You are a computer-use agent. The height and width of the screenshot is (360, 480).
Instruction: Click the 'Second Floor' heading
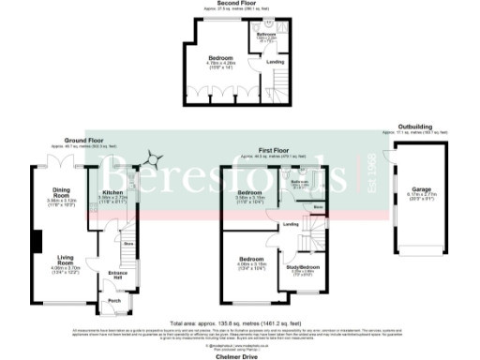tap(240, 4)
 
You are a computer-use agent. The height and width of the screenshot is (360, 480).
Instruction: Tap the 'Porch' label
tap(114, 301)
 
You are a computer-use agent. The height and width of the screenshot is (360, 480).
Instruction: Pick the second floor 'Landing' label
tap(276, 63)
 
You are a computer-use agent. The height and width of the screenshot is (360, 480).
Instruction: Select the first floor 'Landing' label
tap(292, 224)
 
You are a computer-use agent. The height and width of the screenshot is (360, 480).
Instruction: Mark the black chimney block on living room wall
tap(37, 242)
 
